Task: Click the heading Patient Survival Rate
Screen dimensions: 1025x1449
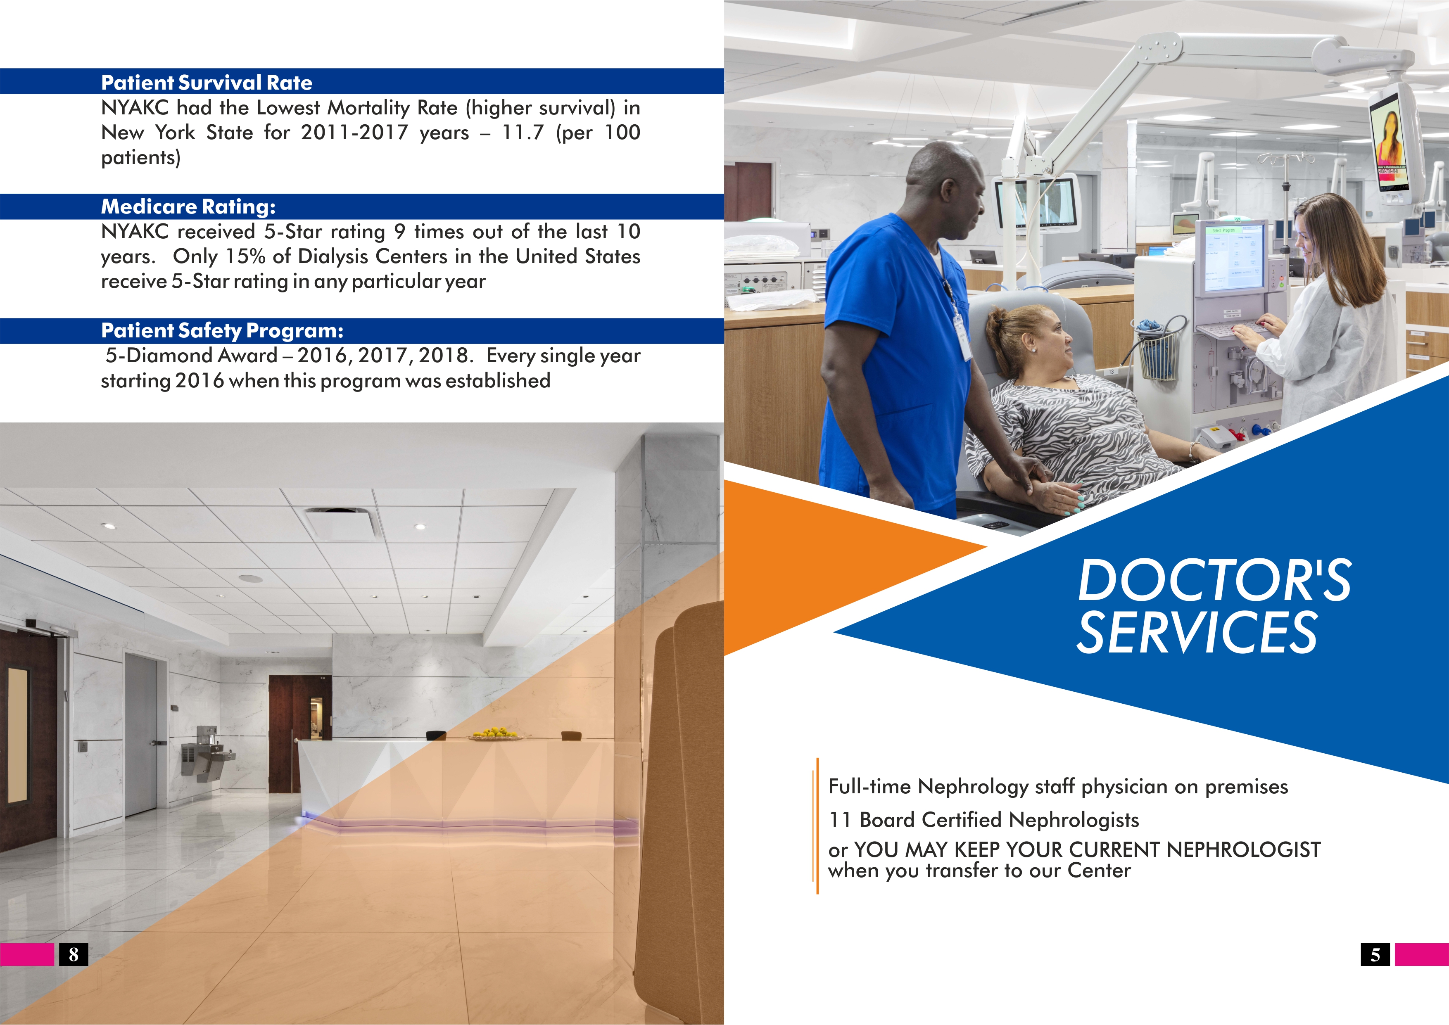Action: pyautogui.click(x=207, y=83)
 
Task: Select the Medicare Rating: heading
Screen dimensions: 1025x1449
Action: pyautogui.click(x=188, y=207)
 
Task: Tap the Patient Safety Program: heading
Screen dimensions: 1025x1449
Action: pyautogui.click(x=222, y=331)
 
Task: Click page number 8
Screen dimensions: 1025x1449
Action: pyautogui.click(x=73, y=954)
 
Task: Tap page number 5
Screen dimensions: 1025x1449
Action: pyautogui.click(x=1375, y=954)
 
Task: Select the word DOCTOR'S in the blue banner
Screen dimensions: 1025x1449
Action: pyautogui.click(x=1214, y=581)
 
